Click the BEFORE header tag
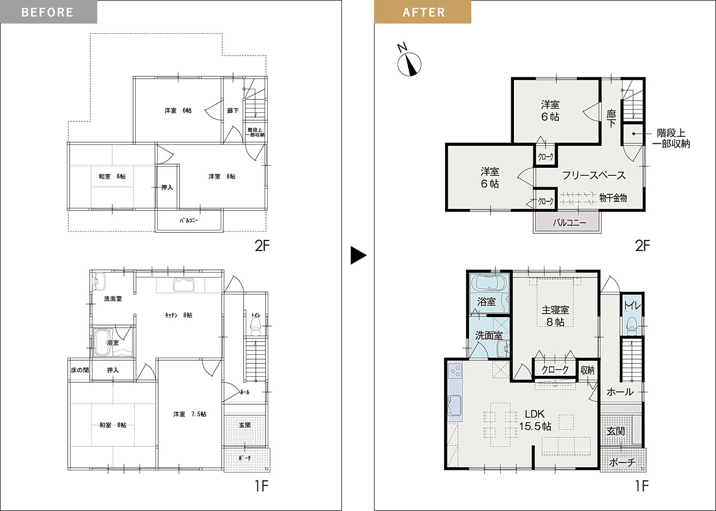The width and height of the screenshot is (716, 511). click(49, 12)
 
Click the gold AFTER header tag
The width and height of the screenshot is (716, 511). click(423, 12)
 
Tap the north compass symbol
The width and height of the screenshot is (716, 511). click(409, 61)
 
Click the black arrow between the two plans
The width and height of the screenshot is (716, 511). click(359, 255)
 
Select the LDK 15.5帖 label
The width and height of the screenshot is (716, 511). click(535, 420)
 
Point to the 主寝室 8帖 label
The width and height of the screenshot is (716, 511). click(555, 316)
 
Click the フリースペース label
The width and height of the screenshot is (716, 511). click(594, 175)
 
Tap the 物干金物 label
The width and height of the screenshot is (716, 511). click(613, 198)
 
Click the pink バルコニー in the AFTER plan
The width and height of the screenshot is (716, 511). click(567, 222)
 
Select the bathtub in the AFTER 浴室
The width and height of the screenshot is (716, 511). click(489, 283)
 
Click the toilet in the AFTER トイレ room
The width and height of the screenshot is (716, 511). click(632, 326)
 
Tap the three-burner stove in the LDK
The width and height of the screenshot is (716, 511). click(455, 371)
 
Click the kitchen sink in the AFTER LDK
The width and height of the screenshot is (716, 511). click(455, 405)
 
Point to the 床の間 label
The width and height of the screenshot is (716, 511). click(80, 370)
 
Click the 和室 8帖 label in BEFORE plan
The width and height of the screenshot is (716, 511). click(113, 425)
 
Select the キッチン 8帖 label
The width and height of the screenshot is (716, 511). click(178, 315)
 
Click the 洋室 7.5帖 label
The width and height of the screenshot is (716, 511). click(190, 414)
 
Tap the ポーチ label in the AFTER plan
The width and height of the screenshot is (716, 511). click(622, 462)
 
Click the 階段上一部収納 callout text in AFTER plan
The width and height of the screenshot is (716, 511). click(671, 138)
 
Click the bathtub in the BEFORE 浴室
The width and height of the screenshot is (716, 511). click(102, 343)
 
